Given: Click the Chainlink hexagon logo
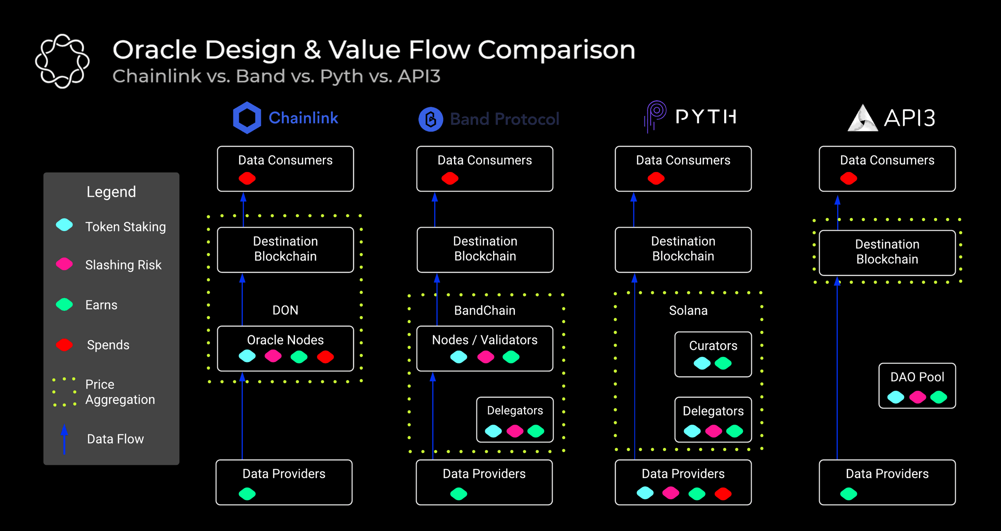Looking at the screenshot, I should click(247, 118).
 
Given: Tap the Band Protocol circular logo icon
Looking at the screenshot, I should click(431, 119).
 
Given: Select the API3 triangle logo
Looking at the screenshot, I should click(862, 118).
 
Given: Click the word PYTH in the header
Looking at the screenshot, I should click(706, 116).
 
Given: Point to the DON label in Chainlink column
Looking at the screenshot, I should click(285, 310).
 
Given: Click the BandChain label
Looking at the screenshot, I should click(484, 310).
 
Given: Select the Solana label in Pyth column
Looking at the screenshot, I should click(688, 310).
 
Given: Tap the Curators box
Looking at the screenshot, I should click(713, 354).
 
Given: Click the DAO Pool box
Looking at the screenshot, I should click(917, 386).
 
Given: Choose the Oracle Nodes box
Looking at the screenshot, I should click(285, 348).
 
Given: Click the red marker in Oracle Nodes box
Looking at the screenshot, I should click(325, 357).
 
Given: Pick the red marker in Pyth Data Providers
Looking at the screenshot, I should click(723, 494).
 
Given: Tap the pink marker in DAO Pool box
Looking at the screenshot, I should click(917, 397).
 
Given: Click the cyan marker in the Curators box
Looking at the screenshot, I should click(702, 363).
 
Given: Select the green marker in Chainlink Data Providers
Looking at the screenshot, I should click(247, 494).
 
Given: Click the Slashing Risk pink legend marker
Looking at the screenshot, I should click(64, 264).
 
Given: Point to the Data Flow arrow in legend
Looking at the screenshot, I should click(64, 439).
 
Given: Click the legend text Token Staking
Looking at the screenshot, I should click(125, 227).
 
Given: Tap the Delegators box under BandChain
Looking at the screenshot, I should click(515, 419).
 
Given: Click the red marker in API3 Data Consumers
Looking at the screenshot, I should click(849, 178).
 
